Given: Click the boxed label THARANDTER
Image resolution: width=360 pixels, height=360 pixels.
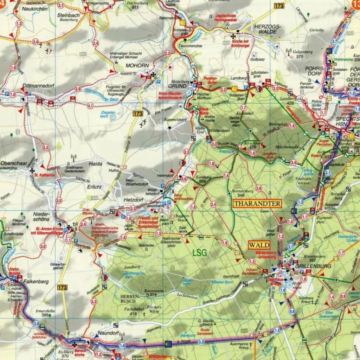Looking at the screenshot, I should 257,204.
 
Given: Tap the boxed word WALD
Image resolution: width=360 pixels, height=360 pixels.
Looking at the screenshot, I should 259,245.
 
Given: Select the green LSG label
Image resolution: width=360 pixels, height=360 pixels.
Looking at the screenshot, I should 199,252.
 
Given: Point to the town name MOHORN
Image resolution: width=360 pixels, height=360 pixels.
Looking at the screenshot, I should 137,66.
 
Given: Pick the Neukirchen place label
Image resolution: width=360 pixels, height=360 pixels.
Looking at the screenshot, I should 34,9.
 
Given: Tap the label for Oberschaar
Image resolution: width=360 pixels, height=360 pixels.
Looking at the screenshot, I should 14,163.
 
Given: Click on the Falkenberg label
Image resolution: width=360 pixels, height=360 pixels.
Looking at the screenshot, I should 36,282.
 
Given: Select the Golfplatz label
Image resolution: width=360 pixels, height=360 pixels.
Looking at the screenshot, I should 257,59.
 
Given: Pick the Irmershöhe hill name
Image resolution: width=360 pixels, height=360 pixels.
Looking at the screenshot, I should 45,311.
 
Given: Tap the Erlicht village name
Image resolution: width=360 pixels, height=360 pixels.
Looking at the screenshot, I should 94,187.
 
